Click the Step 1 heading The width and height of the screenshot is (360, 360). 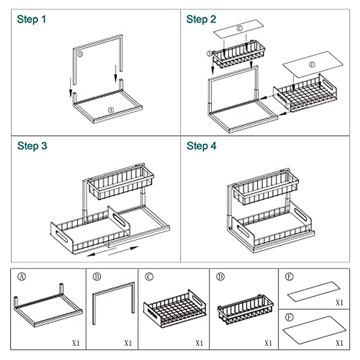[31, 19]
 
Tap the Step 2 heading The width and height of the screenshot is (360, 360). [201, 19]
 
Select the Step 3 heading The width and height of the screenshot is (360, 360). [32, 146]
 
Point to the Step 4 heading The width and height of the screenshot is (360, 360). [201, 146]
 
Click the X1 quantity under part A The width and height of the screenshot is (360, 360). [76, 343]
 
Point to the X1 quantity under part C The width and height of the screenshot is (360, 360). [199, 343]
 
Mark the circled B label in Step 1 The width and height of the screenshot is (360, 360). [80, 54]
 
